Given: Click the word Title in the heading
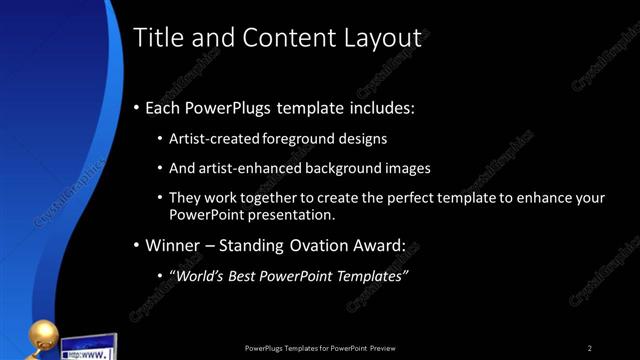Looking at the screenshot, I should pyautogui.click(x=158, y=38).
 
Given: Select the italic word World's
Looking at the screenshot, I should pyautogui.click(x=200, y=275).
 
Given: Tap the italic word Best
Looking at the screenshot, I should pyautogui.click(x=250, y=275).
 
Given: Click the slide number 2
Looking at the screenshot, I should pyautogui.click(x=590, y=348).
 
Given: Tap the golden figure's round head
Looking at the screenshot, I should pyautogui.click(x=47, y=334).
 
